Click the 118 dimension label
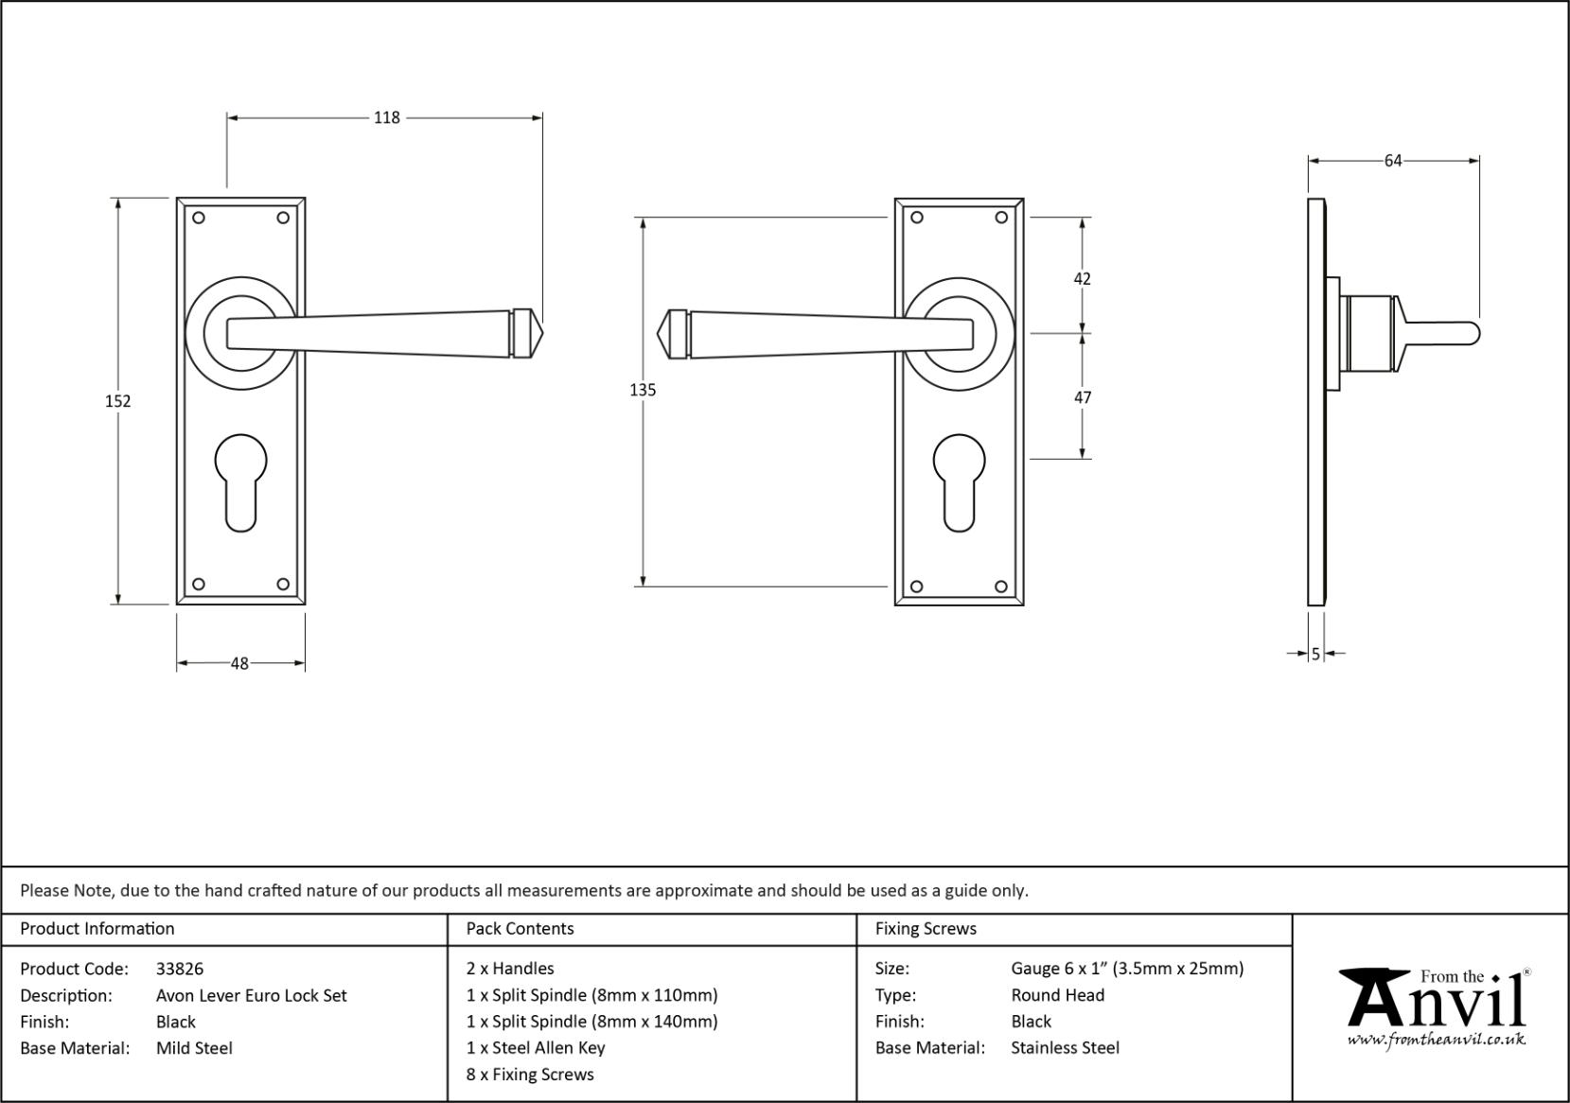(386, 117)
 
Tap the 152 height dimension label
(117, 401)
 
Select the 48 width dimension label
(239, 664)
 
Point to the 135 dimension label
(643, 391)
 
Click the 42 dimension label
(1083, 279)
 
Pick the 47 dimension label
(1083, 398)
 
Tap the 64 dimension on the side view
(1393, 161)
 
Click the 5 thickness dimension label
(1315, 654)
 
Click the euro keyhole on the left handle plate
(240, 482)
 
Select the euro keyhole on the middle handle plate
(959, 482)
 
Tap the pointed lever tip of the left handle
(542, 333)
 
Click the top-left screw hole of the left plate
(199, 218)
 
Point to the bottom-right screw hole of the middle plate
(1001, 587)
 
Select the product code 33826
(180, 970)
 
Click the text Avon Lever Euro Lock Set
(252, 996)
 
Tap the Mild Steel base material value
(194, 1048)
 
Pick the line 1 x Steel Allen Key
(536, 1047)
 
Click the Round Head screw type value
(1058, 995)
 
